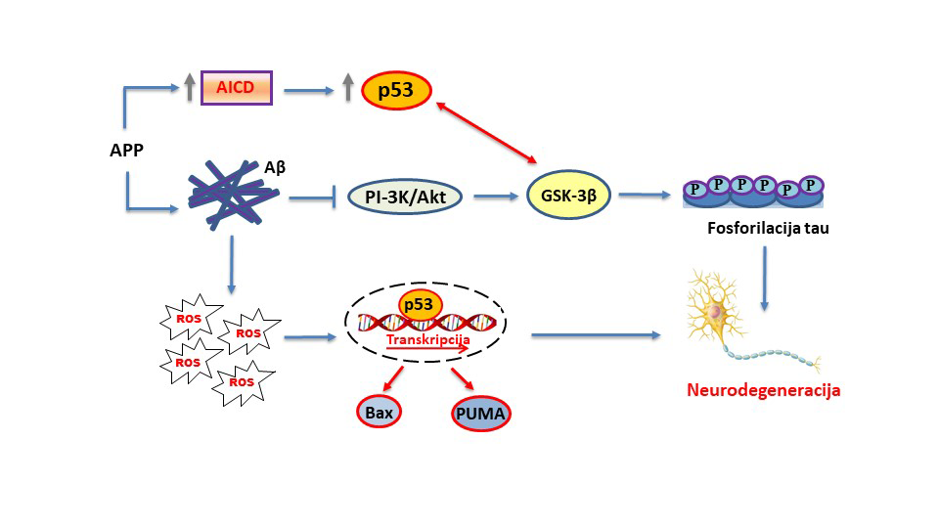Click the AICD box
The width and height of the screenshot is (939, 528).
(236, 87)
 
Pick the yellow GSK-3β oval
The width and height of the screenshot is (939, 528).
(569, 195)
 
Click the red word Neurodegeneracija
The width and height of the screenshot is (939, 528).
(764, 390)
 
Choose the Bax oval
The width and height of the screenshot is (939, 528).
(380, 411)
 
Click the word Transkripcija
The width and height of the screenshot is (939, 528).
(428, 339)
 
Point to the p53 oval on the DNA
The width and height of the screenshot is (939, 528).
(419, 304)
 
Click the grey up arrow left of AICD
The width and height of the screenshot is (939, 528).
(189, 88)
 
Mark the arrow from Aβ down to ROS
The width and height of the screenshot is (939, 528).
(232, 264)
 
